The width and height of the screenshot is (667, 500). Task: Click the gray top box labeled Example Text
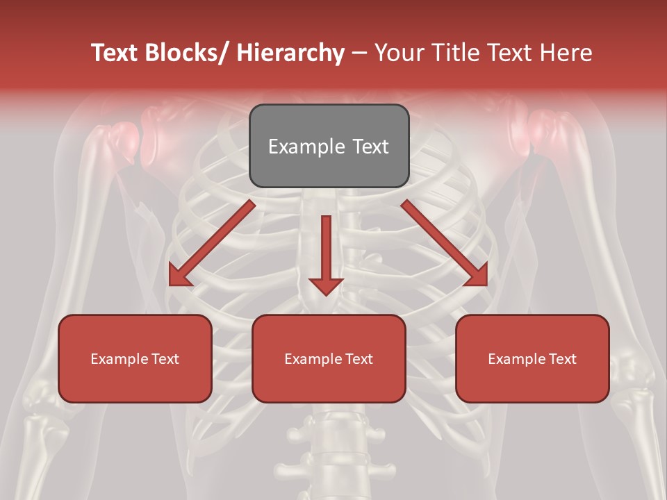click(x=329, y=146)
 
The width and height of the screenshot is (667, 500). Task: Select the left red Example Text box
click(x=135, y=358)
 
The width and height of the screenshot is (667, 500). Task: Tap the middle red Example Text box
click(x=329, y=358)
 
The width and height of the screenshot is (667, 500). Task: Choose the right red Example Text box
click(x=532, y=358)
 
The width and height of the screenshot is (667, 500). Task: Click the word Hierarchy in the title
click(x=290, y=53)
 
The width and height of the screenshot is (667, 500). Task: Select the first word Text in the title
click(x=115, y=53)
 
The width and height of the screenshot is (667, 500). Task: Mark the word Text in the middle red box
click(x=359, y=359)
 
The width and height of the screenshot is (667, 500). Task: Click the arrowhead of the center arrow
click(x=326, y=285)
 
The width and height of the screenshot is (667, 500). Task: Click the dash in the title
click(x=359, y=53)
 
